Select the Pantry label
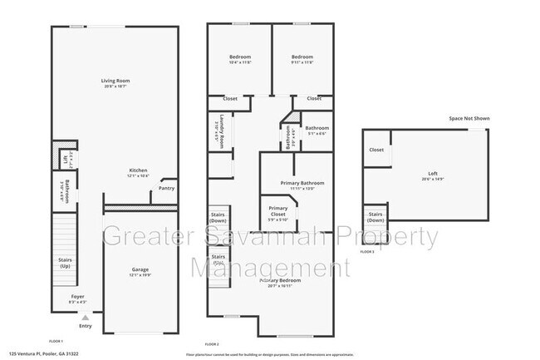pos(166,188)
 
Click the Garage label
pos(139,272)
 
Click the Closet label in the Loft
pos(376,150)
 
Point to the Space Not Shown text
pos(469,119)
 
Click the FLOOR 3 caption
pos(367,250)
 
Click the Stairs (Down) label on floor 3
pos(375,217)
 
